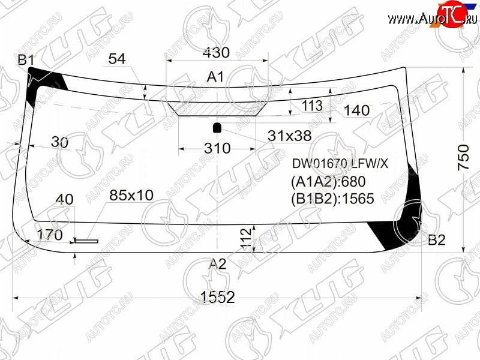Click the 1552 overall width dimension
[x=217, y=296]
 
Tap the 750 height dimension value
[x=463, y=157]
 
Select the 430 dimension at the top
[x=216, y=52]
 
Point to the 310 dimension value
[x=217, y=148]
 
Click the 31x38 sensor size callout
[x=290, y=136]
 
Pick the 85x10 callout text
[x=131, y=195]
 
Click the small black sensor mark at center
[x=217, y=127]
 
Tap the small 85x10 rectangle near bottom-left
[x=86, y=241]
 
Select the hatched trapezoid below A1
[x=217, y=109]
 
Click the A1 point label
[x=215, y=77]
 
